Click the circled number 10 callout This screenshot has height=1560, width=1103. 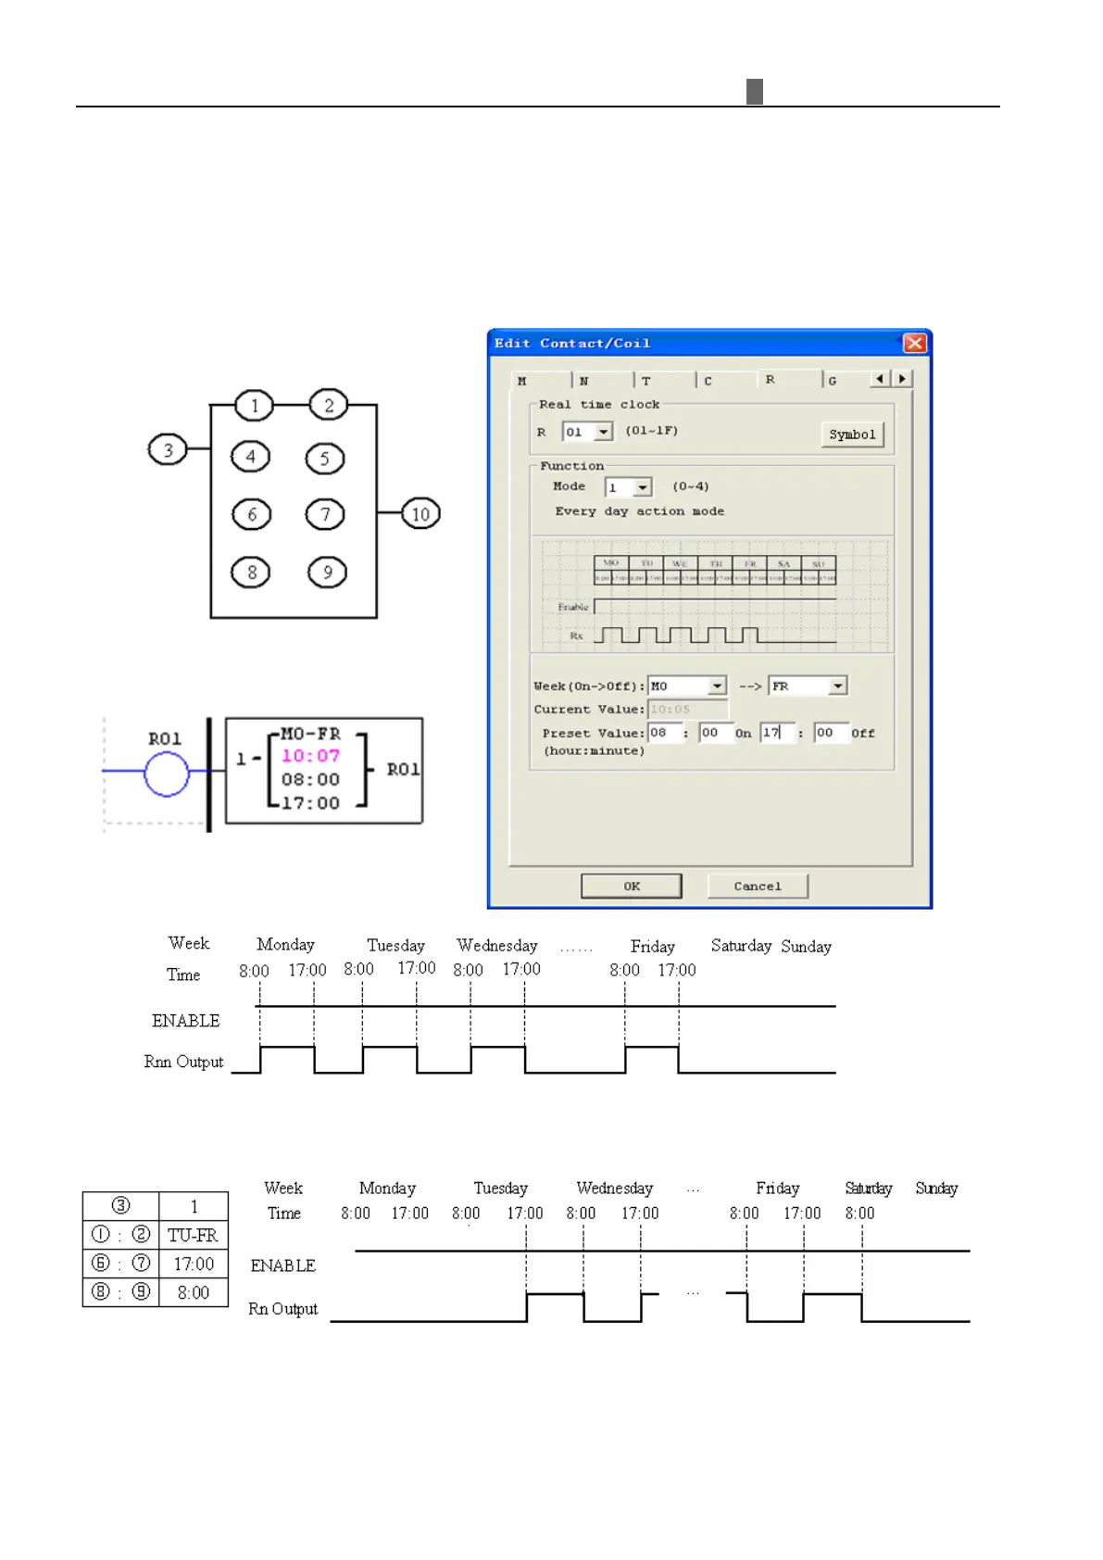pos(420,514)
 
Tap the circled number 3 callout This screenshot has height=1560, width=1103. pos(168,450)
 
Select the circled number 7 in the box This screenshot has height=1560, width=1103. pos(325,514)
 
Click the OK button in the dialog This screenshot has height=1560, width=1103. pos(631,887)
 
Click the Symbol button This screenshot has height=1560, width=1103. pos(852,434)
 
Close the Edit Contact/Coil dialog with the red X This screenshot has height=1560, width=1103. pos(915,344)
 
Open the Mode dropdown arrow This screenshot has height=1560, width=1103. pos(643,487)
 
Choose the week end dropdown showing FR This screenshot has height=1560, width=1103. pos(808,686)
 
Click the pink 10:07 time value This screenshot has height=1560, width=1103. pos(310,756)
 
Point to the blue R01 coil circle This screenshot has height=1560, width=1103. pos(167,774)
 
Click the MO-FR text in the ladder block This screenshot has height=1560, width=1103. pos(310,734)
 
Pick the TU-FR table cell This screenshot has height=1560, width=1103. pos(193,1235)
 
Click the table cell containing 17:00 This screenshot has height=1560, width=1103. pos(193,1264)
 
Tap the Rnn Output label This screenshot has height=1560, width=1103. pos(183,1062)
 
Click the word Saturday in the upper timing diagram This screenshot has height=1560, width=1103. pos(741,946)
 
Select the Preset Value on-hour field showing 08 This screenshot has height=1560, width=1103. pos(663,733)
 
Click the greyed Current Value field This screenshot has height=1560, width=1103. pos(687,710)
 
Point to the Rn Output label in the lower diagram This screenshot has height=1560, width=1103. pos(282,1309)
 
